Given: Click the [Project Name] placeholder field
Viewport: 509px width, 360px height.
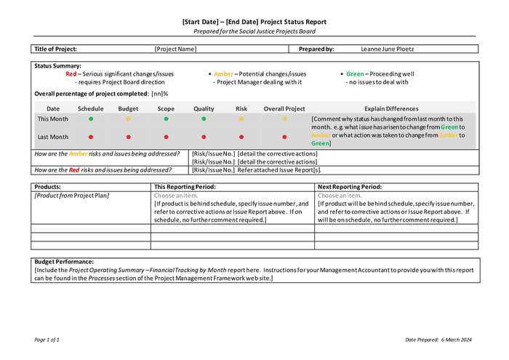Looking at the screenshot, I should pyautogui.click(x=175, y=49).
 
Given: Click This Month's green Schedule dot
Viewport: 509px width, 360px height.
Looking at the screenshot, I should pyautogui.click(x=91, y=119).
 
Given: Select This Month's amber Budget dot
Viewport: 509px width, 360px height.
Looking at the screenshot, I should pyautogui.click(x=129, y=119).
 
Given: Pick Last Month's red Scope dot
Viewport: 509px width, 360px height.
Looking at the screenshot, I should pyautogui.click(x=166, y=137).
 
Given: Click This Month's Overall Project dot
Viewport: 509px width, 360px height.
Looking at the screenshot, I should pyautogui.click(x=284, y=119).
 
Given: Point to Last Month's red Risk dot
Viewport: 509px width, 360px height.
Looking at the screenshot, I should pyautogui.click(x=241, y=137).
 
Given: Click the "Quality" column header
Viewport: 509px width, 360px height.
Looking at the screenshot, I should pyautogui.click(x=204, y=108).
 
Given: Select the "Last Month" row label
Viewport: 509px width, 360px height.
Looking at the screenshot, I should pyautogui.click(x=53, y=137).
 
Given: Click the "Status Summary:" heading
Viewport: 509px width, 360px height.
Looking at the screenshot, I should pyautogui.click(x=57, y=66).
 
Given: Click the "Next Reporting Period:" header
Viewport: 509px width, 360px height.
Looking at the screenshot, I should pyautogui.click(x=350, y=187).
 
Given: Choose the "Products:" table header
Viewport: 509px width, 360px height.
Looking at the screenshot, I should pyautogui.click(x=49, y=187).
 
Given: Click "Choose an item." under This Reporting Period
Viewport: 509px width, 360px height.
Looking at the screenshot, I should pyautogui.click(x=176, y=196).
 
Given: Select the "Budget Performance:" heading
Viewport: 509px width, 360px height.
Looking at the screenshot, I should pyautogui.click(x=64, y=262).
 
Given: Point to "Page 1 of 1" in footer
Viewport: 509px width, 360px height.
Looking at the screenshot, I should pyautogui.click(x=47, y=340).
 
